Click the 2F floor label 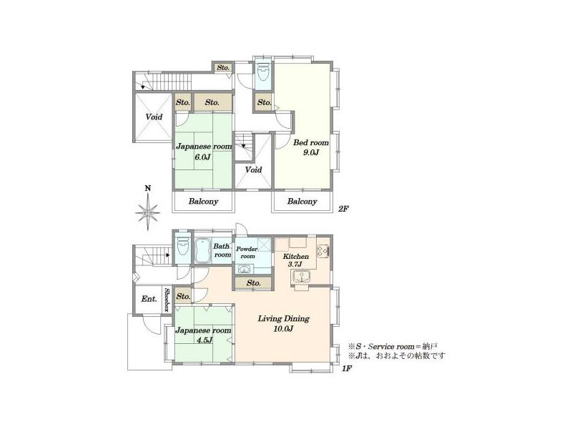click(343, 209)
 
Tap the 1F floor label click(346, 369)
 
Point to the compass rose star click(147, 211)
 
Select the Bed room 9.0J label click(310, 147)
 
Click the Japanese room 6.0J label click(204, 151)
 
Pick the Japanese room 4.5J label click(204, 335)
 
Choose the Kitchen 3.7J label click(296, 260)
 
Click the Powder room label click(247, 252)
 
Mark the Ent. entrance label click(148, 299)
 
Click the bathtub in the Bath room click(203, 251)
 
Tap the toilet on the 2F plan click(263, 74)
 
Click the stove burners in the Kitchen click(322, 250)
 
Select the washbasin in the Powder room click(245, 270)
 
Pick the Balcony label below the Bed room click(302, 202)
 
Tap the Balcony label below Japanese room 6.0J click(203, 202)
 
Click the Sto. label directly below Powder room click(252, 284)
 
